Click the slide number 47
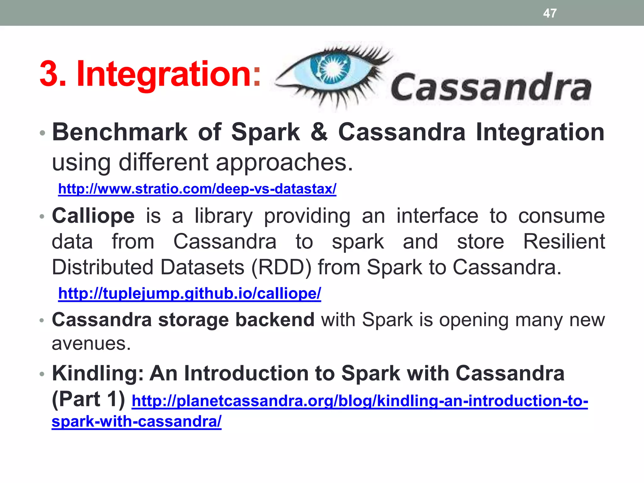(x=550, y=13)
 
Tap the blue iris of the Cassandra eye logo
(x=330, y=67)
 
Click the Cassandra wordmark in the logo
(x=491, y=87)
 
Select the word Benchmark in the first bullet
(x=120, y=132)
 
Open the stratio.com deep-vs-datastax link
(x=197, y=189)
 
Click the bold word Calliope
(x=93, y=216)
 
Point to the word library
(x=223, y=216)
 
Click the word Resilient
(x=564, y=241)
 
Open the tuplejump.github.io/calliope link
(x=190, y=293)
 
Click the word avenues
(x=91, y=343)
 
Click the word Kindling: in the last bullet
(x=98, y=373)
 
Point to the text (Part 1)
(x=88, y=399)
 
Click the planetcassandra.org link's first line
(x=359, y=401)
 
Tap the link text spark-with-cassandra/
(x=136, y=421)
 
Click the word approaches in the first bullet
(x=284, y=163)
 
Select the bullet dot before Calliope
(x=42, y=217)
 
